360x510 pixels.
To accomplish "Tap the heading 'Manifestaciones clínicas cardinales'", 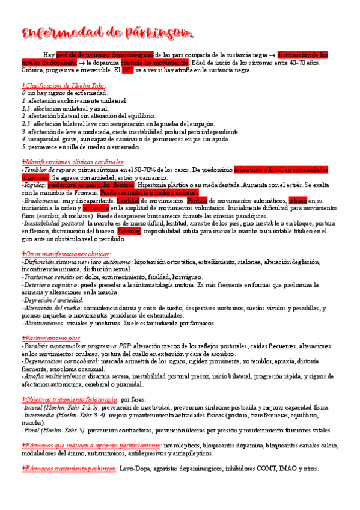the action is pos(73,162).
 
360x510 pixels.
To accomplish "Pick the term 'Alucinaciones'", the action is pos(42,323).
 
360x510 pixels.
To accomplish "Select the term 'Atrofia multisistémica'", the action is pos(53,376).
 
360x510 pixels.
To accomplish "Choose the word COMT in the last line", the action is pos(267,469).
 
